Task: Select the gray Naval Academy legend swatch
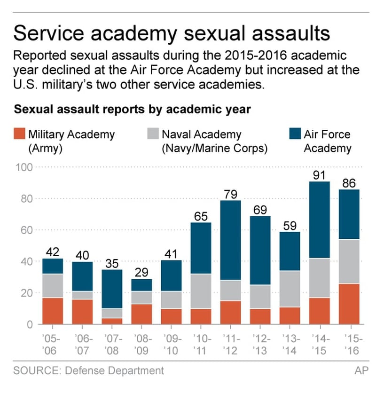pos(153,134)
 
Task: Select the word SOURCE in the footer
pos(34,370)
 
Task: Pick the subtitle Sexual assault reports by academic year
pos(133,109)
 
